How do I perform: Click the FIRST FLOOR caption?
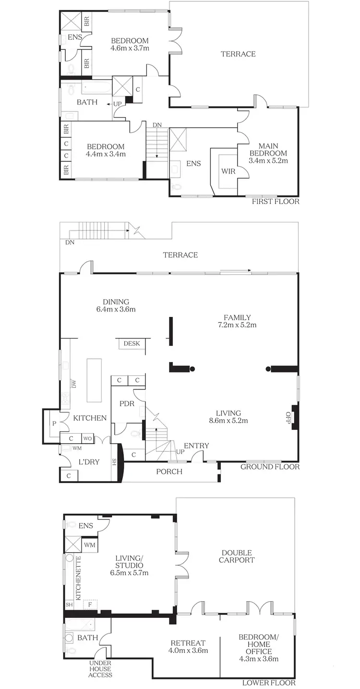click(276, 202)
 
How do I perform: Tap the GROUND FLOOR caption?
click(270, 467)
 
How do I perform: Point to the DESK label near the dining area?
click(132, 343)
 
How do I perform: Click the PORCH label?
click(169, 471)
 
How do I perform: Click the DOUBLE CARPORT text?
click(237, 556)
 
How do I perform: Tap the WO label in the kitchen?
click(87, 438)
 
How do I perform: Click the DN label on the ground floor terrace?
click(70, 243)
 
